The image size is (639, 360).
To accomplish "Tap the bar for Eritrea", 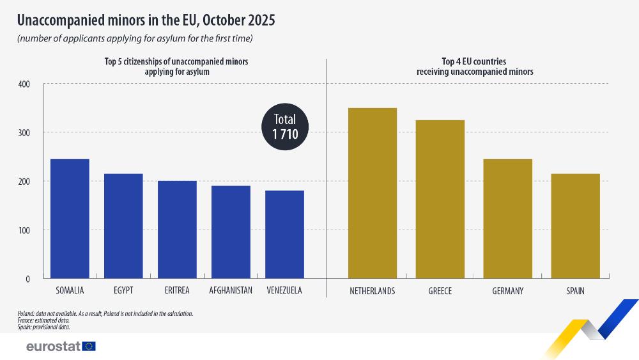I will point(177,230).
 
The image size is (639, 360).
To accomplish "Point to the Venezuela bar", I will point(284,235).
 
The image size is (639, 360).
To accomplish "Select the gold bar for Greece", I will point(440,199).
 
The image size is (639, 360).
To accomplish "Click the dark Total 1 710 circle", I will point(285,127).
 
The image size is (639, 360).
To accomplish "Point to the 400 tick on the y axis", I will point(24,84).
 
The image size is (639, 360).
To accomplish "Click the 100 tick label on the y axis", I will point(24,230).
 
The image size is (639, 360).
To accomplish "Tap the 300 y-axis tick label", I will point(24,133).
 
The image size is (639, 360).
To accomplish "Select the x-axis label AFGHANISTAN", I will point(231,291).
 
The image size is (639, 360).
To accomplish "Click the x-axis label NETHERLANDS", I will point(372,291).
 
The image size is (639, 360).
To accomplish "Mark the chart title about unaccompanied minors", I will point(146,20).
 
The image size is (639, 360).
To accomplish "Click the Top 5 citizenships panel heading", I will point(176,67).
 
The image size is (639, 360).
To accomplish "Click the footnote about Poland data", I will point(105,313).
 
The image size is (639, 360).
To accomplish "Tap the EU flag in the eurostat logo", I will point(89,346).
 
